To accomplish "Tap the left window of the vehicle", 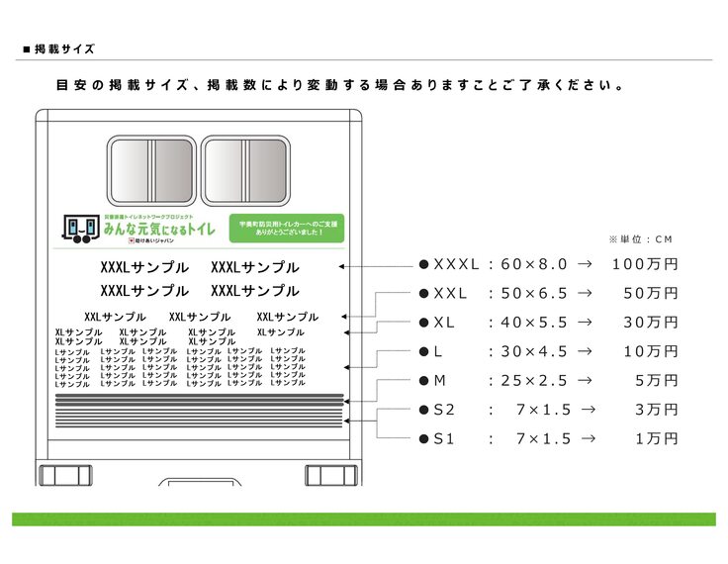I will [x=151, y=166].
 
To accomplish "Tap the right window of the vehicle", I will [x=247, y=166].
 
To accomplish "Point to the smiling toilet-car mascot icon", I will [x=79, y=229].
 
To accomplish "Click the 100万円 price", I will [x=645, y=265].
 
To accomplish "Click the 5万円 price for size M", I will [x=656, y=381].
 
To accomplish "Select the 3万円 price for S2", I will [x=656, y=410].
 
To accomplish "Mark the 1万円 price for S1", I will [x=656, y=438].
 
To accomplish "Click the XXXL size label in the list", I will [x=456, y=265].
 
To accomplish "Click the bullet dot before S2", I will [x=423, y=410].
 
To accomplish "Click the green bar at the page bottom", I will [x=363, y=518].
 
